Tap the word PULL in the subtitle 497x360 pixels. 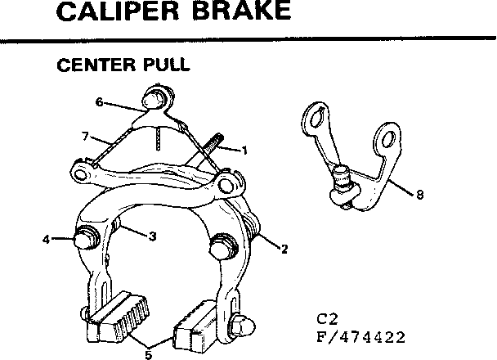(162, 65)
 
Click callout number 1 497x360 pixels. (243, 150)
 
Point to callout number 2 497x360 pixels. (284, 250)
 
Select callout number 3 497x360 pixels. (152, 236)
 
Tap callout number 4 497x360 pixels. (47, 240)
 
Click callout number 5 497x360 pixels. (149, 354)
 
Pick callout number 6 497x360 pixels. (99, 102)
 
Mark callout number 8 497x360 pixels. (420, 195)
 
